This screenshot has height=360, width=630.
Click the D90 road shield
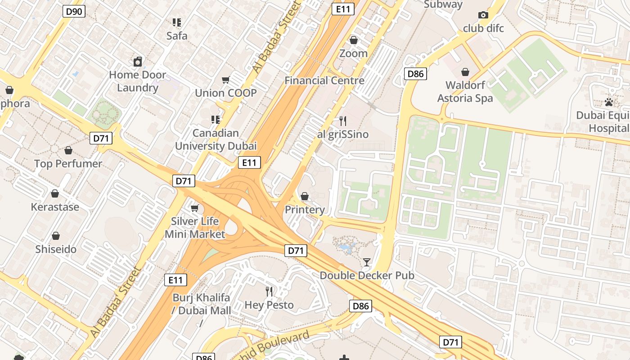[74, 11]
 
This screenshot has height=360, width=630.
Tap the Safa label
[177, 36]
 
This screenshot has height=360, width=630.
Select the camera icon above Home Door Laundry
[138, 62]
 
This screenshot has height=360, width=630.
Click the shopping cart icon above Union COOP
[226, 80]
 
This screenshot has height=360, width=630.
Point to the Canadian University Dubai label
[216, 139]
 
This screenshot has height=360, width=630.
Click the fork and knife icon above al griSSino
[343, 121]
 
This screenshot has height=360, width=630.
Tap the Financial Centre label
[324, 81]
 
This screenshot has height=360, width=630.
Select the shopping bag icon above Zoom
[354, 40]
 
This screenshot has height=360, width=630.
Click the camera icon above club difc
[483, 15]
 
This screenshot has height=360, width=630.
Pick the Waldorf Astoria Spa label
[465, 92]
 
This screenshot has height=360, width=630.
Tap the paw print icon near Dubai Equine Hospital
[609, 102]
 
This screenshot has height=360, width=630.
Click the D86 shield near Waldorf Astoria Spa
[415, 74]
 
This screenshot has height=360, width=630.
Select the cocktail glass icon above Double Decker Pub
[367, 262]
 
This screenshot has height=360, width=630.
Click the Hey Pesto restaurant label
[269, 305]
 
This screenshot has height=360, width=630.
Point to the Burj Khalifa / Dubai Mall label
[202, 304]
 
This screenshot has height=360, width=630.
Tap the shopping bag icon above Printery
[305, 196]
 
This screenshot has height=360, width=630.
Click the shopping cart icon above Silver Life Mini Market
[195, 208]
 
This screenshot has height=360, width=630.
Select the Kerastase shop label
[55, 207]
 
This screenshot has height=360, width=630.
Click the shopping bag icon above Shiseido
[56, 236]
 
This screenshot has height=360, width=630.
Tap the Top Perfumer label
[68, 164]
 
